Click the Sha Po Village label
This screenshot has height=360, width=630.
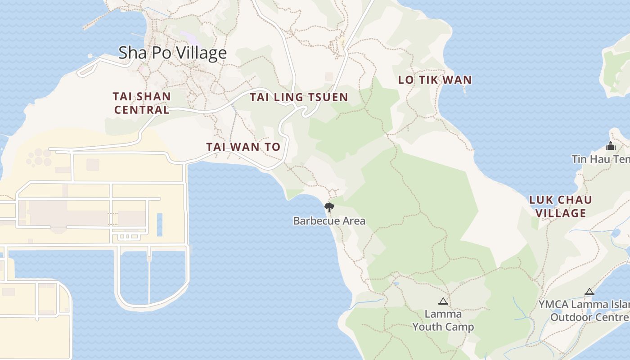172,53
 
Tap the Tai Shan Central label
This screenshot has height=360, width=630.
142,103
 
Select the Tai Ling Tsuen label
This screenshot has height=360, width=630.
299,97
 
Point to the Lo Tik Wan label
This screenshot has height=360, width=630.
435,80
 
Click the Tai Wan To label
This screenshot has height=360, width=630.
243,147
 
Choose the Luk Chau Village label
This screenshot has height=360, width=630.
560,206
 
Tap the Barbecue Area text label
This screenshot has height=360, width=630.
329,221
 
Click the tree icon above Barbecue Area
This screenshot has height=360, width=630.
329,207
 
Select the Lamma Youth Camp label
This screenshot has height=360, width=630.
443,320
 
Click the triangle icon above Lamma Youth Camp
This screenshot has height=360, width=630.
443,301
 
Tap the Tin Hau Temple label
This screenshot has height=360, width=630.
601,159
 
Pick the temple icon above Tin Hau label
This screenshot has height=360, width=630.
611,146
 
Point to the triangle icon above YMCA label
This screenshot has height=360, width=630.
589,292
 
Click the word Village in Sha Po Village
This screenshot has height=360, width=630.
201,53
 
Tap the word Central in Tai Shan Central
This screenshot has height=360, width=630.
142,110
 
